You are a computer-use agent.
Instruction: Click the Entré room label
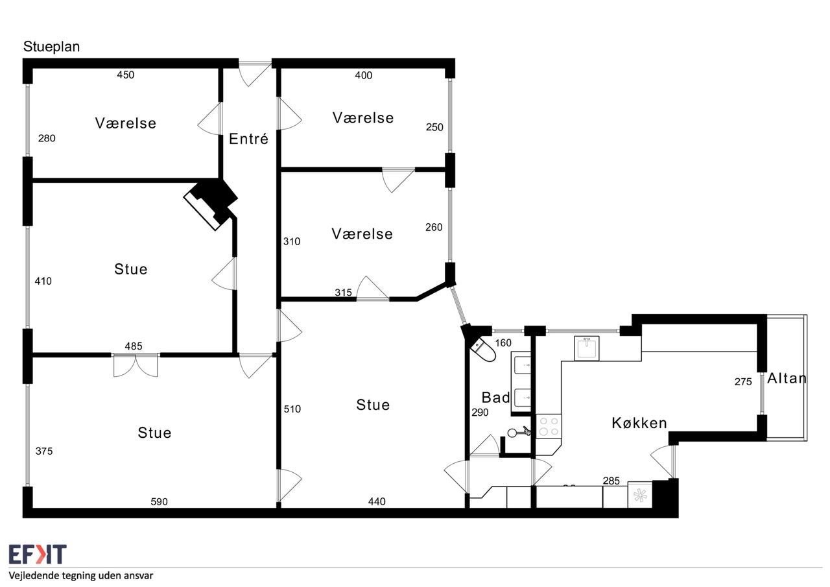[248, 139]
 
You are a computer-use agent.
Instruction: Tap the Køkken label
[639, 423]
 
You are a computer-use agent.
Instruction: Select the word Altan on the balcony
[787, 378]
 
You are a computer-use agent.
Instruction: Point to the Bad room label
[495, 398]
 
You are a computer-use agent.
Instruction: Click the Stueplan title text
[51, 47]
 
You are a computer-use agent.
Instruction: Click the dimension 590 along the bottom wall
[160, 502]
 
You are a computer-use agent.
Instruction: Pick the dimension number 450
[126, 75]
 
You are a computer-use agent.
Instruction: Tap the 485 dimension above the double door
[134, 346]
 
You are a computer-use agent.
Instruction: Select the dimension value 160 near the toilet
[503, 343]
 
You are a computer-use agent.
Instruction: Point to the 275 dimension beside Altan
[743, 381]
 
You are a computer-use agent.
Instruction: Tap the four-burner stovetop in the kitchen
[549, 426]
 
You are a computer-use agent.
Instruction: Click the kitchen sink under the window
[587, 348]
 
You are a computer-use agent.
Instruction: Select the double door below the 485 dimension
[136, 365]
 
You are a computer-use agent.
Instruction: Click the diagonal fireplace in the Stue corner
[210, 204]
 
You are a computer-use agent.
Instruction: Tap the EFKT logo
[38, 554]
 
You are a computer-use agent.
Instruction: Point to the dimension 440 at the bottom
[377, 502]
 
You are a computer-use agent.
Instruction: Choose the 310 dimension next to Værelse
[292, 242]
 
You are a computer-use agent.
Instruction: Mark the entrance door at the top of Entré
[255, 73]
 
